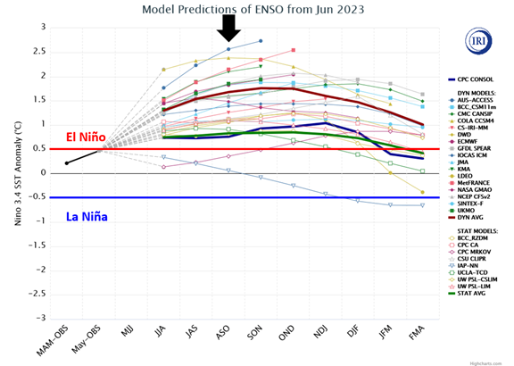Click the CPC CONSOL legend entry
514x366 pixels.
click(x=473, y=79)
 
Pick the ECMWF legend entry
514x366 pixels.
click(x=468, y=141)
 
